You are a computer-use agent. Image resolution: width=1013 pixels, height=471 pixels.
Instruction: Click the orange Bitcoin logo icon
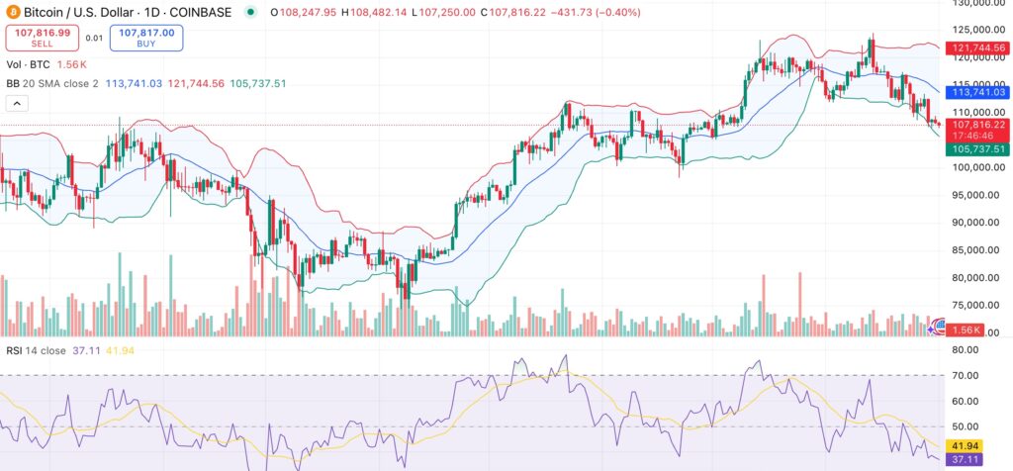point(13,12)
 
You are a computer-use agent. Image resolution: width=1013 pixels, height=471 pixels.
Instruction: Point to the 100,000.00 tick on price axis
point(973,167)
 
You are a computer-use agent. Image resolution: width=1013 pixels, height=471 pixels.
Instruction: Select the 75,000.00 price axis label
point(973,305)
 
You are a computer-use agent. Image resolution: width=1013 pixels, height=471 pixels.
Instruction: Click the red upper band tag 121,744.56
point(979,47)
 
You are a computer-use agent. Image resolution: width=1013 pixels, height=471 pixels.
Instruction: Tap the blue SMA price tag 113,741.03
point(979,91)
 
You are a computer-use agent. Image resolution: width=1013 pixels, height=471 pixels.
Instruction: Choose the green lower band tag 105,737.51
point(979,148)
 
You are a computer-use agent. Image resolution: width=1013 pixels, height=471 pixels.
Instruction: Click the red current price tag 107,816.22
point(979,126)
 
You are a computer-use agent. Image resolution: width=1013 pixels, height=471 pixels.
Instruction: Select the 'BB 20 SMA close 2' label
point(53,83)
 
